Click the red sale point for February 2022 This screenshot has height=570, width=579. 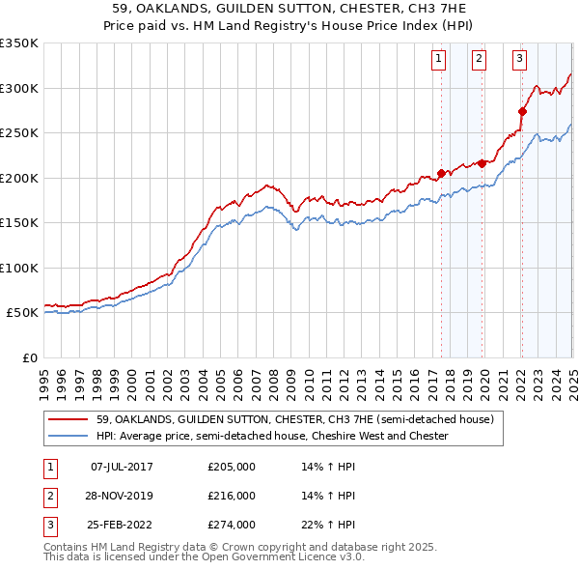pyautogui.click(x=522, y=111)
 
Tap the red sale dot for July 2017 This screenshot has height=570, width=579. pyautogui.click(x=441, y=173)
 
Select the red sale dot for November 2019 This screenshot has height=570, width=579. pyautogui.click(x=482, y=163)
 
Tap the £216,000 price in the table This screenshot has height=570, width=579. pyautogui.click(x=232, y=496)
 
